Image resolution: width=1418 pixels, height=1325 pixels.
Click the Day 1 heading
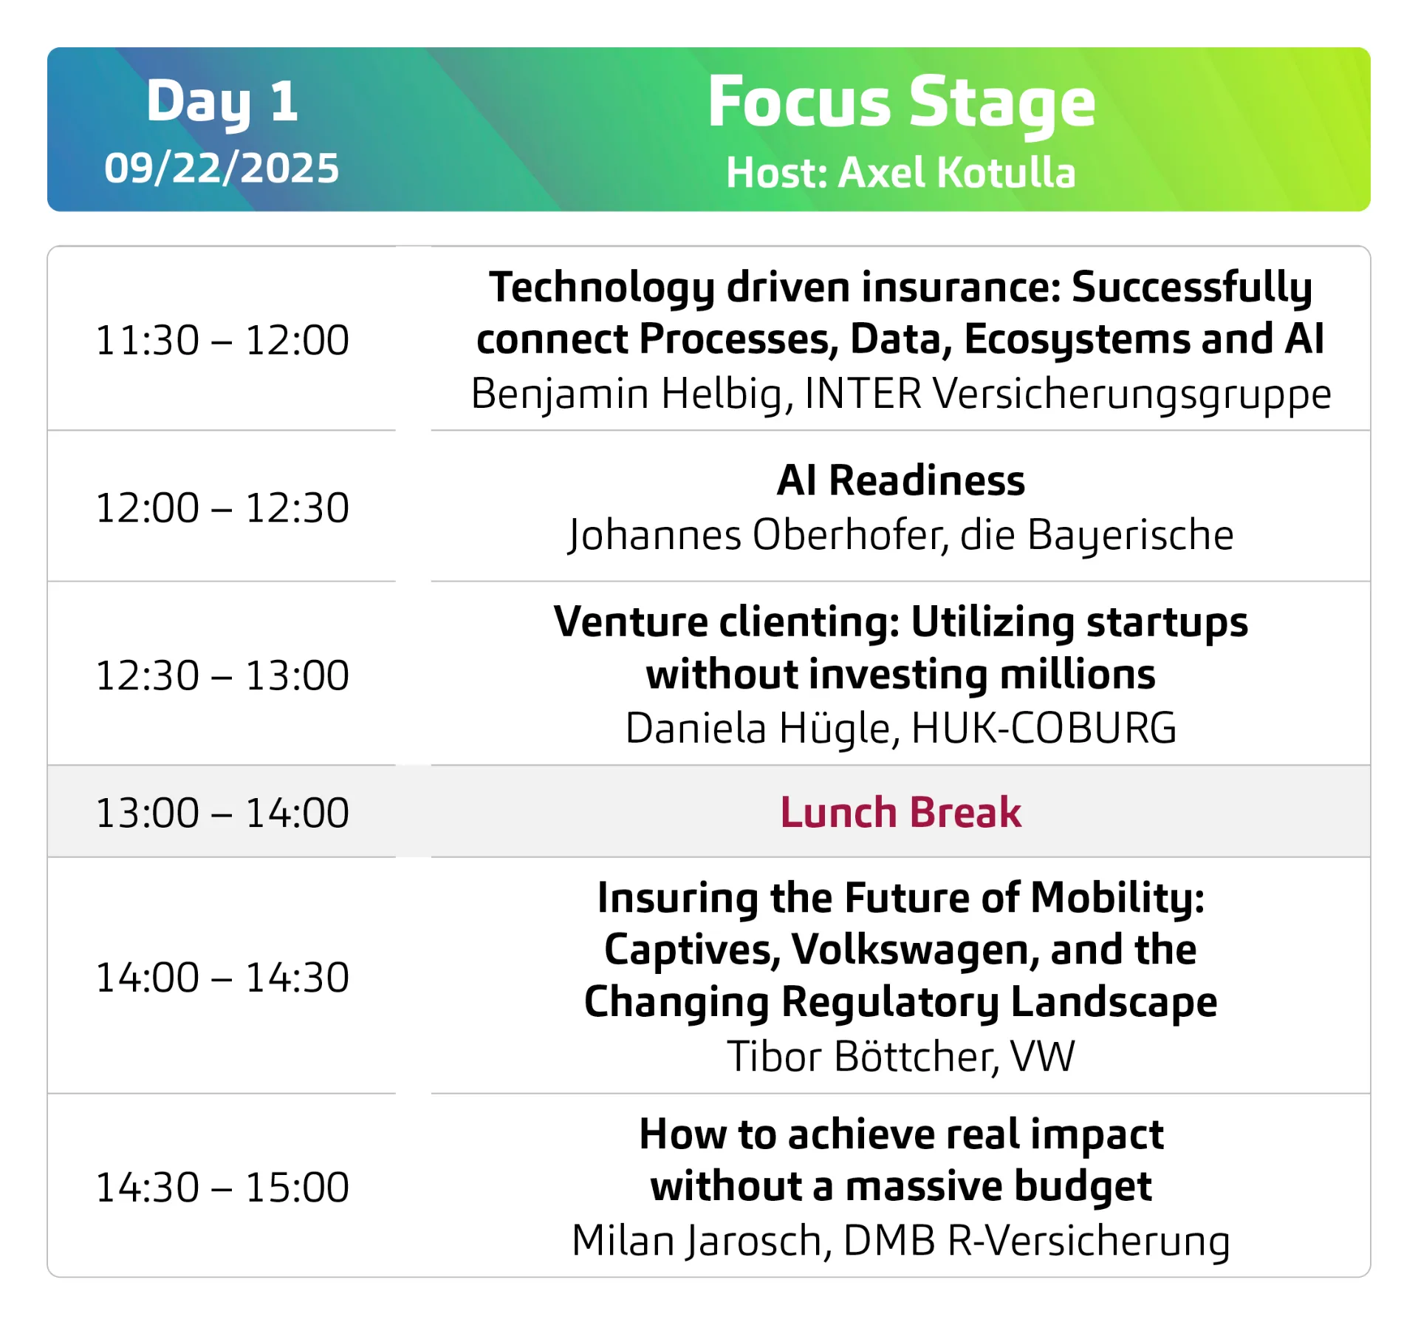[222, 102]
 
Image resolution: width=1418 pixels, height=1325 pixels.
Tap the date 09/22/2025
[222, 168]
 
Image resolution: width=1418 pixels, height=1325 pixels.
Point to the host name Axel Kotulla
[957, 172]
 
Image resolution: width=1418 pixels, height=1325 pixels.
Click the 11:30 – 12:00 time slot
[222, 340]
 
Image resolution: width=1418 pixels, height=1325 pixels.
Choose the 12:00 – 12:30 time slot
[222, 508]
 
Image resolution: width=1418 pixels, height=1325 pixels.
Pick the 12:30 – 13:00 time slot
[222, 675]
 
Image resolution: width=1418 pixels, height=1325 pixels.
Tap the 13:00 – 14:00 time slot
[222, 813]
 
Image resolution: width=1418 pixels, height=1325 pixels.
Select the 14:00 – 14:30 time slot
[222, 977]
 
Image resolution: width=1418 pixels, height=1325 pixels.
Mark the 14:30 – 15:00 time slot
[222, 1187]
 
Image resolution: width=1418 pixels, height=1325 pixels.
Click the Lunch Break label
[901, 812]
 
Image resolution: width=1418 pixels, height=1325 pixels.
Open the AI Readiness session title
[901, 480]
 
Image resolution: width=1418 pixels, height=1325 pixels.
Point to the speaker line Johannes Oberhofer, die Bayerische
[901, 535]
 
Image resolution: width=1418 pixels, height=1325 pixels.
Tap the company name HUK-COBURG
[1044, 728]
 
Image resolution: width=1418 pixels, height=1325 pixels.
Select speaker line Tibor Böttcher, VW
[901, 1056]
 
